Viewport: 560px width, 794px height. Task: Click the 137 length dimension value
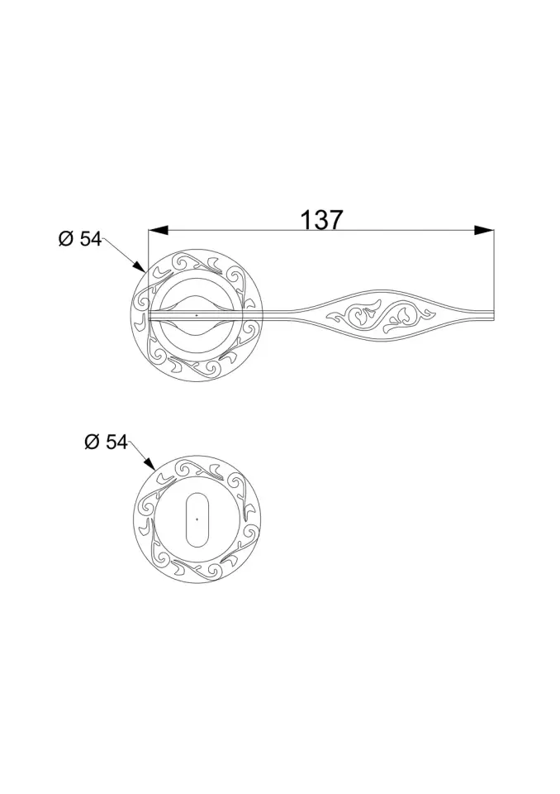[321, 220]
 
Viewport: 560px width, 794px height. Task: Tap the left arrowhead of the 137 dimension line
[158, 230]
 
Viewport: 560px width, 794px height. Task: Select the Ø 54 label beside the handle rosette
[79, 239]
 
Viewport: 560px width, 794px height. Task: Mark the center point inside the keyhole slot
[197, 519]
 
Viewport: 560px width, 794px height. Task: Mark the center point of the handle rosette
[196, 315]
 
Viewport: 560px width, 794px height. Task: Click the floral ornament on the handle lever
[382, 315]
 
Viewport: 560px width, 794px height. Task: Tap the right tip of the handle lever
[493, 315]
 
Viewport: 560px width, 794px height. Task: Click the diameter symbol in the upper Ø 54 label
[66, 239]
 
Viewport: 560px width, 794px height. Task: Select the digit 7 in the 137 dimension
[335, 220]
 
